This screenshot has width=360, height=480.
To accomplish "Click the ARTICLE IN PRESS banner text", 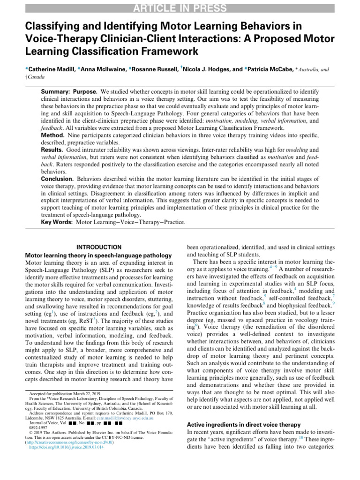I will (x=180, y=8).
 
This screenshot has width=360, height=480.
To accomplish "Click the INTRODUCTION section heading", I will (x=98, y=247).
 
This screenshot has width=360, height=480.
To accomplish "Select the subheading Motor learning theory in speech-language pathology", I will (x=99, y=255).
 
